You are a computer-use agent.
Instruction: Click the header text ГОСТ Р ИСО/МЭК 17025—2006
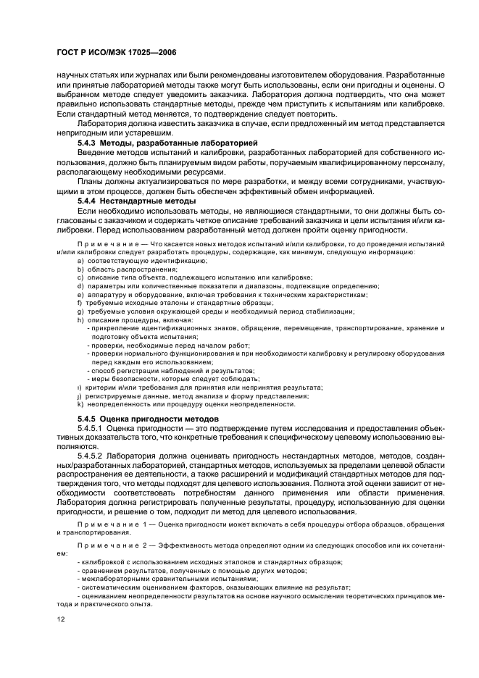tap(107, 53)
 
